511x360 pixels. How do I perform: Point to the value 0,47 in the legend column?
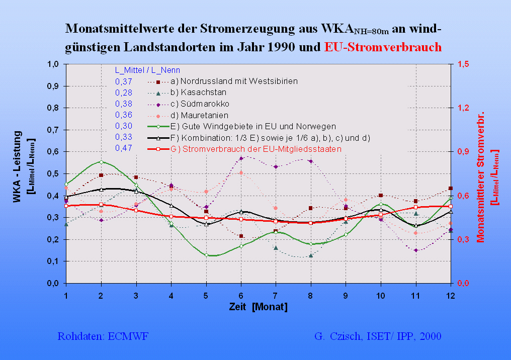coord(124,148)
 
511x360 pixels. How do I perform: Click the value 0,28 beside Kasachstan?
coord(124,93)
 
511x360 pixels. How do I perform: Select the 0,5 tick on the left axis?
coord(53,173)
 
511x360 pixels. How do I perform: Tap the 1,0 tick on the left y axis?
coord(53,64)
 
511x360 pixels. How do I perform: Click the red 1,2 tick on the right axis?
coord(463,108)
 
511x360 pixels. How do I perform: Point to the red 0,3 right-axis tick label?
coord(463,239)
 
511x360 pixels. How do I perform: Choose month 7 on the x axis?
coord(276,296)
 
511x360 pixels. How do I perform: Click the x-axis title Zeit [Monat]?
coord(258,307)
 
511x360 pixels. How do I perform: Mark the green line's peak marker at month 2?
coord(101,162)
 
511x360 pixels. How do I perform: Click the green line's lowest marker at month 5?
coord(206,255)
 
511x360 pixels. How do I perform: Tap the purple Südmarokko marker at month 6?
coord(241,158)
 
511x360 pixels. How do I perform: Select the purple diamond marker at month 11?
coord(415,250)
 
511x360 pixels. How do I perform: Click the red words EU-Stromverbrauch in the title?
coord(383,48)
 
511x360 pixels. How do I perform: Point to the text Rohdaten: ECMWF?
coord(103,336)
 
